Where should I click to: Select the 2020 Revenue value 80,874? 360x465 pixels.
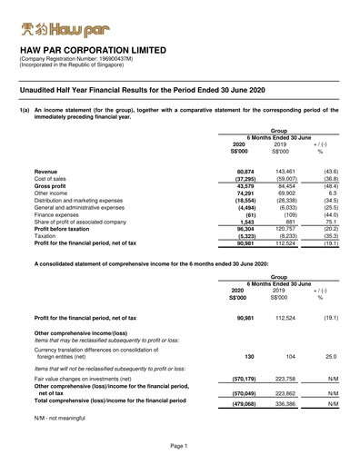[x=244, y=172]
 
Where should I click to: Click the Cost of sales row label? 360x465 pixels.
[x=55, y=179]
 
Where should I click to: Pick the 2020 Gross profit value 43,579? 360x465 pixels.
[x=244, y=186]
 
